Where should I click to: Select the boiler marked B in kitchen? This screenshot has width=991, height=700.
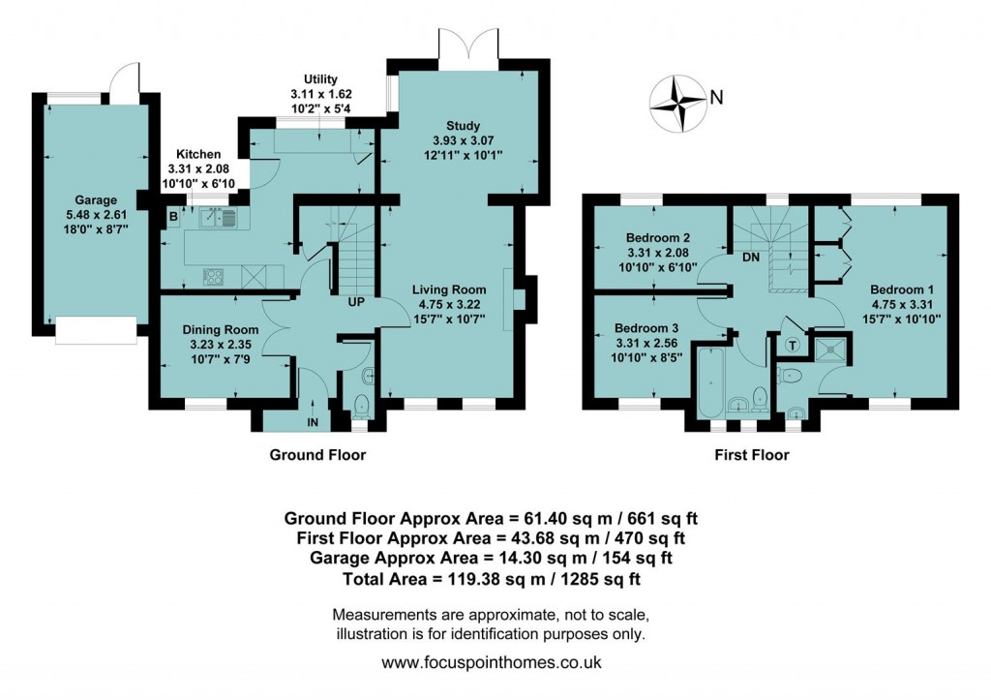(x=172, y=217)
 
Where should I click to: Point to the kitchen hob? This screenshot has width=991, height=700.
(x=214, y=276)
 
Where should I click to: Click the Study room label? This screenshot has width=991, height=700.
(x=463, y=126)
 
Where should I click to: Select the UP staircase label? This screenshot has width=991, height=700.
(x=356, y=302)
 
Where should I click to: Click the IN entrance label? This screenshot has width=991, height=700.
(x=314, y=422)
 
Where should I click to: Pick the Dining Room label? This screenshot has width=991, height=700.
(x=221, y=330)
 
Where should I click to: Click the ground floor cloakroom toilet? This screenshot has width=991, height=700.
(x=362, y=404)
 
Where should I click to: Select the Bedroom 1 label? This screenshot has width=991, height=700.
(x=901, y=289)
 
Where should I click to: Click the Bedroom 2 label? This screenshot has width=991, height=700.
(x=657, y=238)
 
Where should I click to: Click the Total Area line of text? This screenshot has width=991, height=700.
(x=492, y=579)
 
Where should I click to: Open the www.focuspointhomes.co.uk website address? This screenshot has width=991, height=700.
(x=492, y=663)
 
